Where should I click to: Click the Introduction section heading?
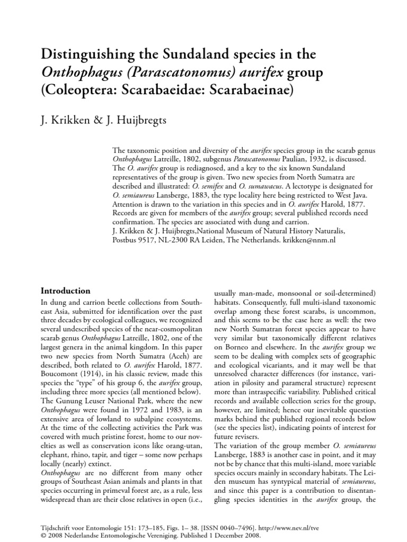(66, 291)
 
